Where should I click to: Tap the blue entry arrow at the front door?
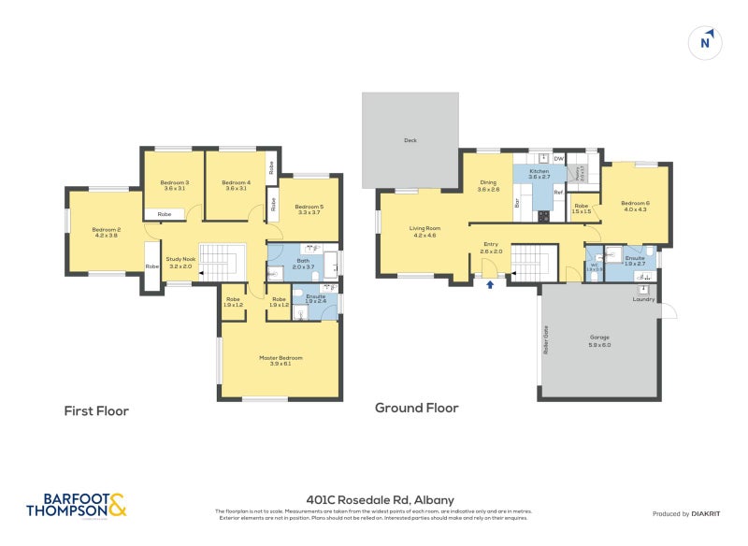coord(489,283)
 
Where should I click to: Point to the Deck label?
coord(410,140)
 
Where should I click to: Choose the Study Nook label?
coord(180,263)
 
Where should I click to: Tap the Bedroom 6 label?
coord(635,206)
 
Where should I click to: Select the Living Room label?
coord(424,231)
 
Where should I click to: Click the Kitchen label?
coord(539,172)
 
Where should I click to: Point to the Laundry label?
coord(643,299)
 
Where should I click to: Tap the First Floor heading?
coord(96,410)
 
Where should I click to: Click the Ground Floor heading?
coord(417,408)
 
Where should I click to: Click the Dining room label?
coord(488,186)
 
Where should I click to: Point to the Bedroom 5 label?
coord(309,209)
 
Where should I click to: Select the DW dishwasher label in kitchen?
coord(558,160)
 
